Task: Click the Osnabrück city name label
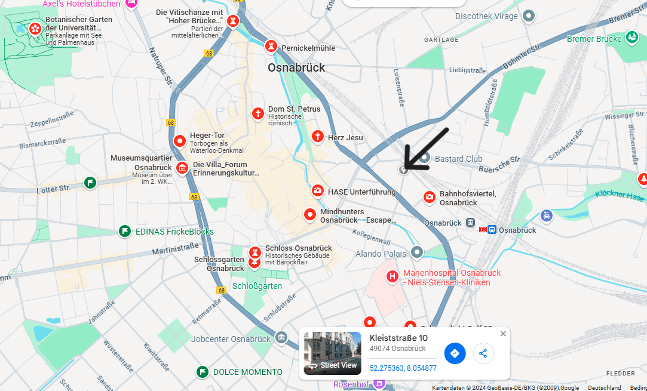click(x=296, y=67)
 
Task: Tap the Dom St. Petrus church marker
click(x=257, y=113)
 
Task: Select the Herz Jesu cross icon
click(x=318, y=137)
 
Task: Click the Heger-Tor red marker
click(x=180, y=141)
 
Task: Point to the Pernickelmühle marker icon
click(x=272, y=46)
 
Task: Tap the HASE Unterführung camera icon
click(x=318, y=191)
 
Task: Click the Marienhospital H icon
click(x=392, y=276)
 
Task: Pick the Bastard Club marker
click(x=424, y=158)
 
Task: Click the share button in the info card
click(x=483, y=353)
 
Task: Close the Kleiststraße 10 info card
click(x=503, y=334)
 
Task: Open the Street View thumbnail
click(x=332, y=353)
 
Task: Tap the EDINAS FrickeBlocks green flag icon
click(x=124, y=231)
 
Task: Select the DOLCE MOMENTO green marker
click(x=203, y=372)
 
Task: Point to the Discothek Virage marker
click(x=528, y=16)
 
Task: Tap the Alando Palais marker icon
click(x=417, y=253)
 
